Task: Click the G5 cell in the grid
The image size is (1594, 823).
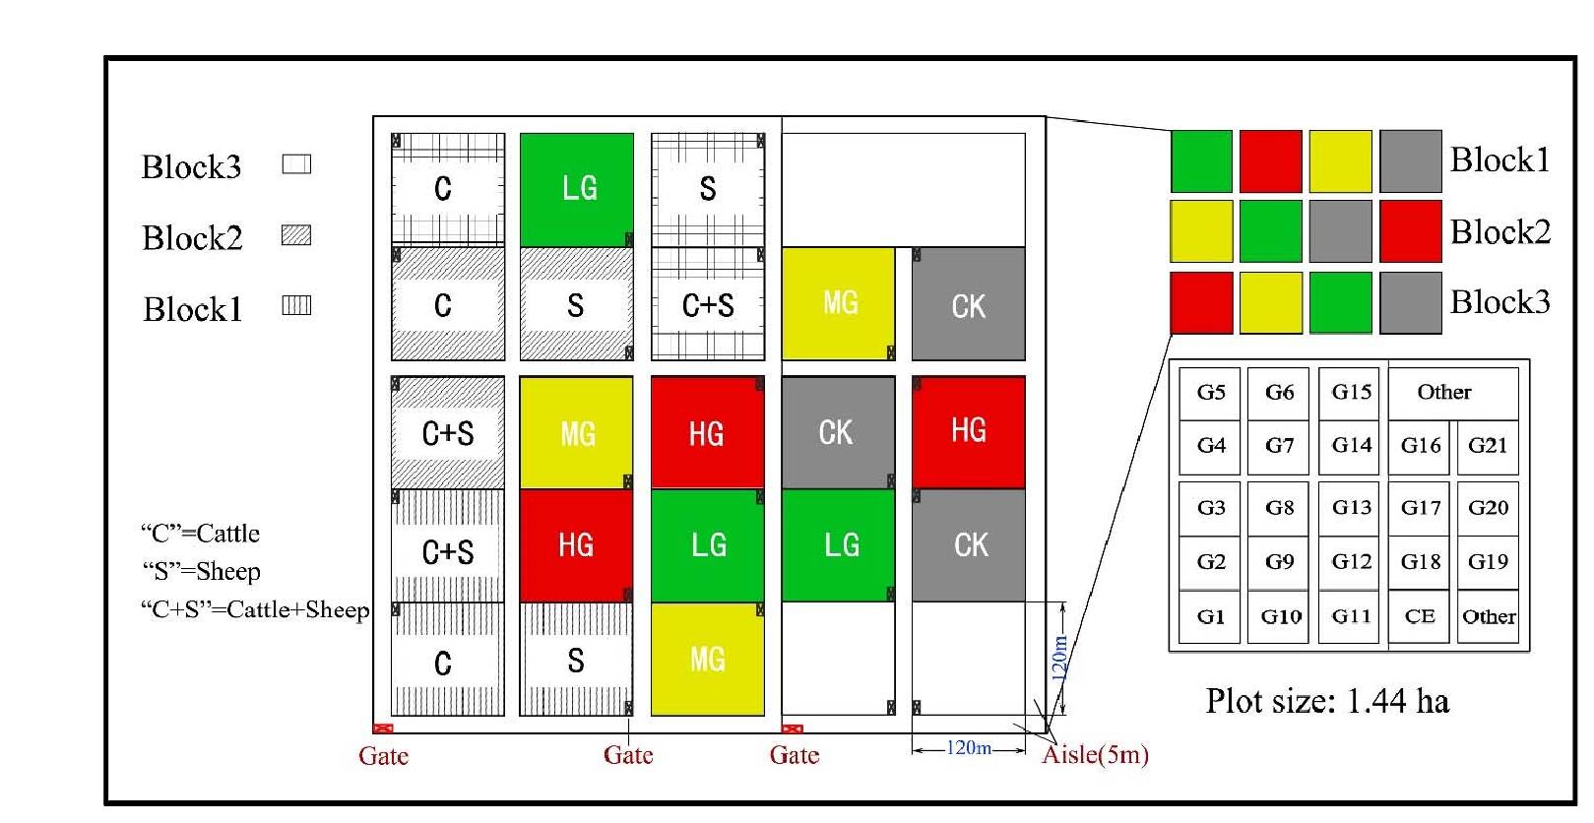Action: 1210,393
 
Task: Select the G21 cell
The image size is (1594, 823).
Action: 1487,446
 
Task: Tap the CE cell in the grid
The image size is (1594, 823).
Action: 1419,616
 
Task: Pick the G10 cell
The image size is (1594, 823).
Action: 1280,616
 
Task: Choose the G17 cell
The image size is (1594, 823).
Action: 1420,508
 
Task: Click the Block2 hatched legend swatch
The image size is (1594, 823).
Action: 296,235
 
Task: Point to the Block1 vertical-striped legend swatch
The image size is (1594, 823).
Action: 296,306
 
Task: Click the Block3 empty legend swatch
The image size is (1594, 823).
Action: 296,164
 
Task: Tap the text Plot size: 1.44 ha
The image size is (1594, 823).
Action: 1327,701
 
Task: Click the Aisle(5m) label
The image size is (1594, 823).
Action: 1095,755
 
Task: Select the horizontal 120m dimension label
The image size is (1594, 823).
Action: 969,748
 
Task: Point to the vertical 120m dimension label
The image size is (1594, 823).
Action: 1059,658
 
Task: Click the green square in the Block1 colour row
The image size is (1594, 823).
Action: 1201,161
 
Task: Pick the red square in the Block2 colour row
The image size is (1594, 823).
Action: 1410,231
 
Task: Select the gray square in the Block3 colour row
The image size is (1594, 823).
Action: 1410,302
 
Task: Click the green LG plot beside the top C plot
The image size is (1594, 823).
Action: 576,189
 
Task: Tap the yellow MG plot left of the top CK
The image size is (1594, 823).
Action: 838,303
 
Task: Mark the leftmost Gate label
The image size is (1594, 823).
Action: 383,756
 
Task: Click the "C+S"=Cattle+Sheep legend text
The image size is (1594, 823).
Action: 255,610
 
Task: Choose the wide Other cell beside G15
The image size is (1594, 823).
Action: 1443,393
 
